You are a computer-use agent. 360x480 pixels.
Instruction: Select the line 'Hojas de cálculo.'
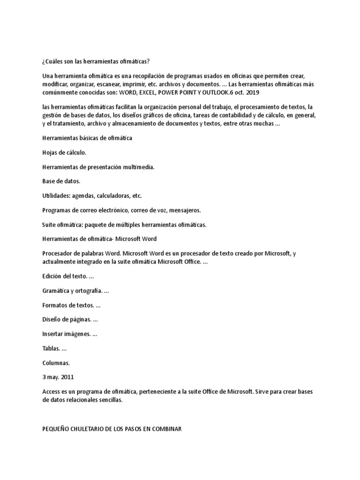(64, 152)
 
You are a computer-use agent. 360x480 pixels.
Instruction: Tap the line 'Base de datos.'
(61, 181)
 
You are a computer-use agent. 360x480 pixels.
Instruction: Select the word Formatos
(54, 306)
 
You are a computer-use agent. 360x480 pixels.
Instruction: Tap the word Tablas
(51, 349)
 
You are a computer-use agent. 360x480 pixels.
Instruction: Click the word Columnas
(56, 363)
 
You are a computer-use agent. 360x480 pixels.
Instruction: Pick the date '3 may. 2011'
(58, 377)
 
